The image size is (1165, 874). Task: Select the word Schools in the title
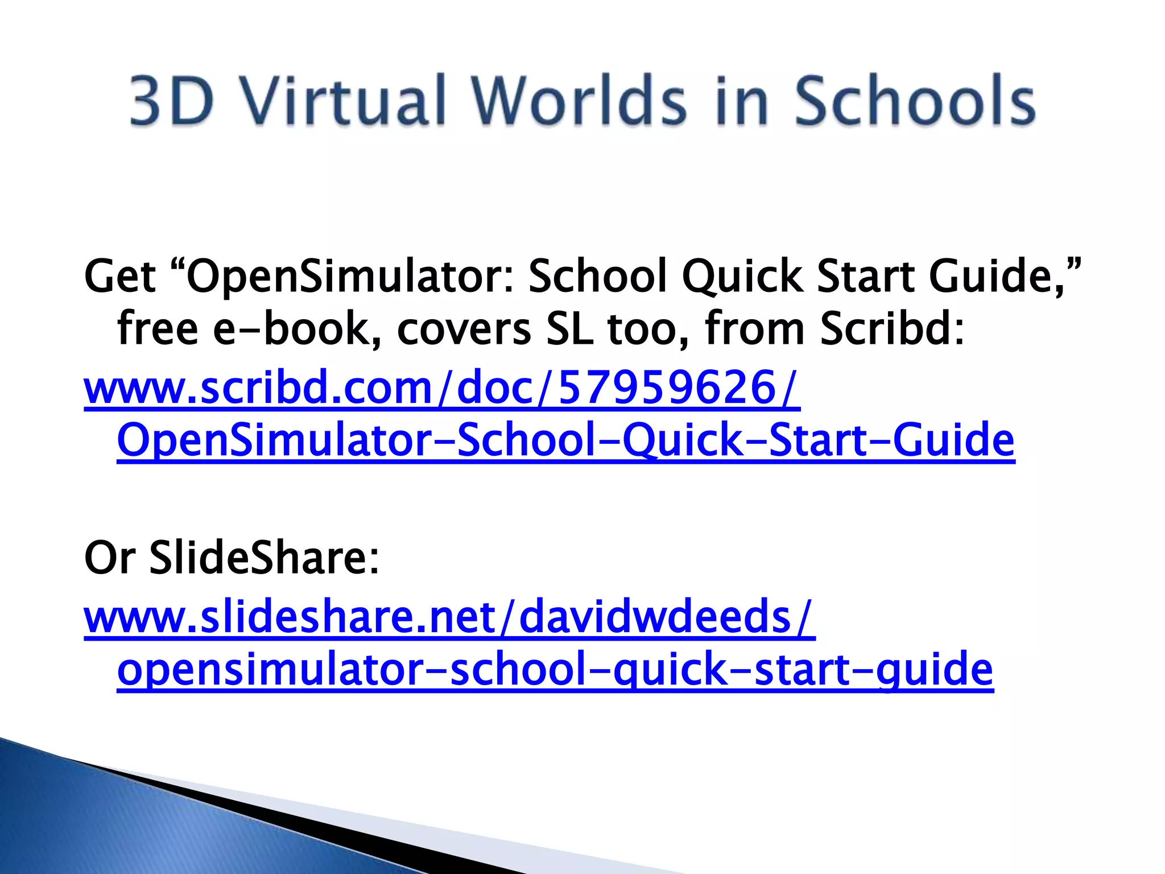point(914,101)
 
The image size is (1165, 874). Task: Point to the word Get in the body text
point(119,277)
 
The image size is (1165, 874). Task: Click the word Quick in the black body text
point(743,278)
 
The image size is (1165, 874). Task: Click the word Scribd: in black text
point(892,329)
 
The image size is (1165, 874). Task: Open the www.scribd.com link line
point(441,388)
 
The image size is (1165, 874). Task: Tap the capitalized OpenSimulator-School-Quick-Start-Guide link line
point(565,441)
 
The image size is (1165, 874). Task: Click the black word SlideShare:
point(264,558)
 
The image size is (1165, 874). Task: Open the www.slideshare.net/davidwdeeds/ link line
point(449,617)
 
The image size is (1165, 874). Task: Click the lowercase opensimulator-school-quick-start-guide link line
point(555,670)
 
